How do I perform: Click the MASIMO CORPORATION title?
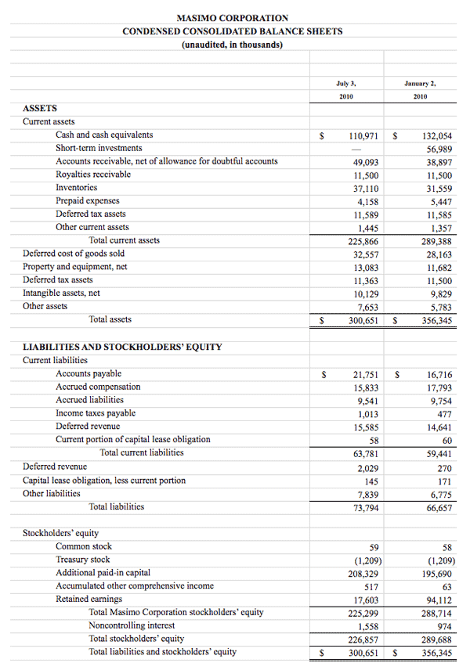[x=232, y=18]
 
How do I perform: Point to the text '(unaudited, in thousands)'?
[x=232, y=45]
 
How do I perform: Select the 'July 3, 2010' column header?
[x=345, y=88]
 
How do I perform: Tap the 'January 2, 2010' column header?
[x=421, y=88]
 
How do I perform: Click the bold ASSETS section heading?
[x=40, y=109]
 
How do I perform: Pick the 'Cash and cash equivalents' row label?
[x=104, y=135]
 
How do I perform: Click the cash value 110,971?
[x=363, y=135]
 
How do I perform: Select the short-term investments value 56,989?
[x=439, y=149]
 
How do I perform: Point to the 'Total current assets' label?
[x=125, y=240]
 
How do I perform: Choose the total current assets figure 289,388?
[x=436, y=241]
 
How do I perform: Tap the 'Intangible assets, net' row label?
[x=61, y=293]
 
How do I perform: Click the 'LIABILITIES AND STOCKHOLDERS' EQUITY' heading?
[x=122, y=347]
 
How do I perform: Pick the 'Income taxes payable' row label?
[x=96, y=413]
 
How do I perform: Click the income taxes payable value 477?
[x=443, y=414]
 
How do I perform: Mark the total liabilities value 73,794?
[x=366, y=507]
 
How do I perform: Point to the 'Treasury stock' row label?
[x=83, y=560]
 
